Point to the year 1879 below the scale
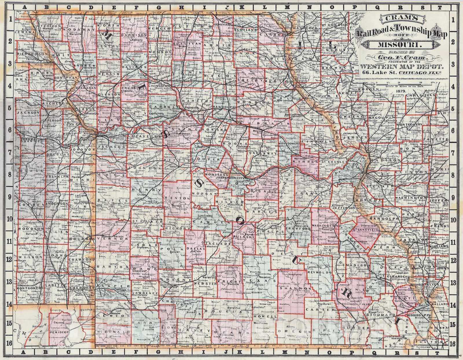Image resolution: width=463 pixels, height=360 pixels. pyautogui.click(x=403, y=91)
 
